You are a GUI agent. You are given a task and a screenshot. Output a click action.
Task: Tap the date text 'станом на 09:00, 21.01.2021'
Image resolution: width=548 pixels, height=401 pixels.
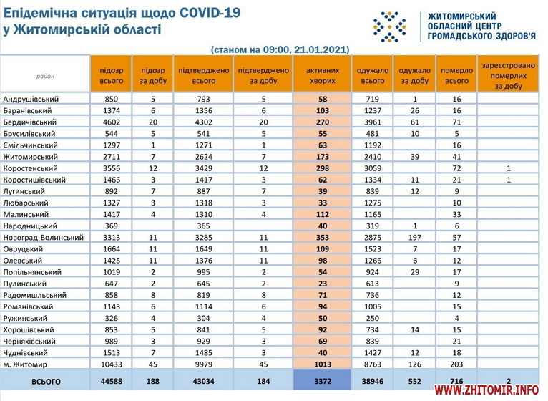(280, 49)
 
